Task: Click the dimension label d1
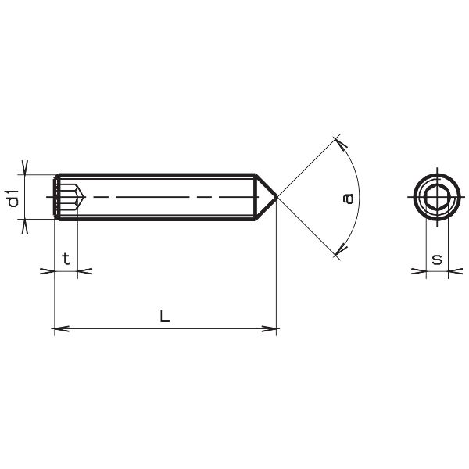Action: (x=13, y=198)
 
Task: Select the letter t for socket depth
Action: (x=66, y=259)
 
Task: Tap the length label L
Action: (x=164, y=316)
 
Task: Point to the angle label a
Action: (x=348, y=199)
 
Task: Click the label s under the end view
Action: (x=437, y=260)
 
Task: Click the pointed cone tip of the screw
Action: (x=277, y=197)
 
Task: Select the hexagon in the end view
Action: (x=437, y=197)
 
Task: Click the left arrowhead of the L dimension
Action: (x=62, y=328)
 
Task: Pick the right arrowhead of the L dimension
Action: (x=269, y=328)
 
